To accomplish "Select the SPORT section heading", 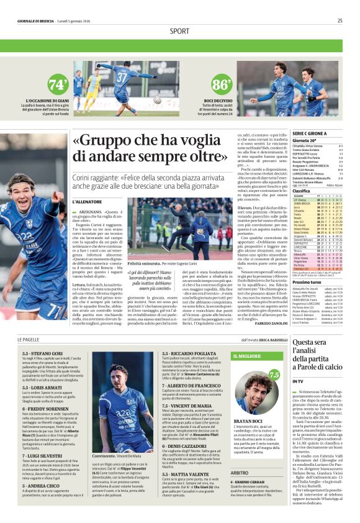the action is [179, 31].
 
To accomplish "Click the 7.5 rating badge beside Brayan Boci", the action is [274, 375].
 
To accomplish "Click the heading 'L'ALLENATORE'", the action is [87, 202].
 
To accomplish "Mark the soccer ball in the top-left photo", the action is [157, 100].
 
